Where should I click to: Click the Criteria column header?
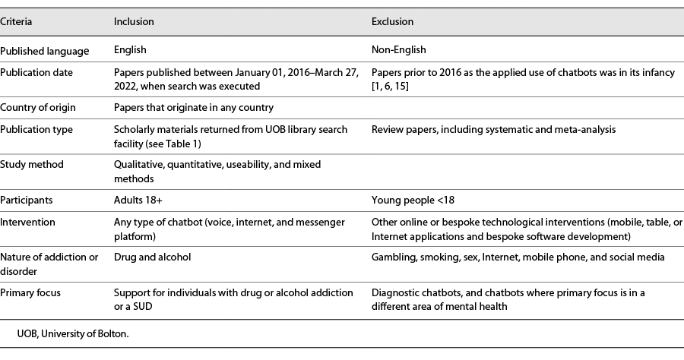tap(17, 22)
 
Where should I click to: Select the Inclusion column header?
tap(134, 22)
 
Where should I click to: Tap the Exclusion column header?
tap(392, 22)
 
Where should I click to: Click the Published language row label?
tap(45, 51)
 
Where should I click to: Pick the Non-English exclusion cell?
tap(399, 51)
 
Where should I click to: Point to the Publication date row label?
tap(36, 73)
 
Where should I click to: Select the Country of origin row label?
tap(38, 108)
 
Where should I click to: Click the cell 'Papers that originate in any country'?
tap(194, 108)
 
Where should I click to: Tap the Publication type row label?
tap(36, 130)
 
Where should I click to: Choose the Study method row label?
tap(32, 165)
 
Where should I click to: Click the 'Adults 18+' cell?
tap(137, 200)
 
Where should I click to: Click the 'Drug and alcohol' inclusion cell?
tap(151, 257)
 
